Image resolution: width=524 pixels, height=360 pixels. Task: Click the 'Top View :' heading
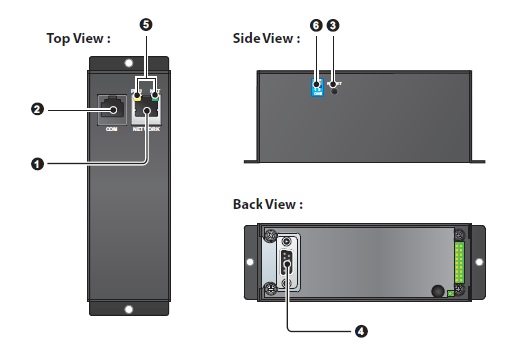(78, 39)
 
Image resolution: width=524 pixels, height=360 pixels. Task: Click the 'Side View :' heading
(265, 39)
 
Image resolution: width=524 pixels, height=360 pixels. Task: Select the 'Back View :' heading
(267, 204)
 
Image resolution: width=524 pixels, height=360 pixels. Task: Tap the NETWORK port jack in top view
(146, 108)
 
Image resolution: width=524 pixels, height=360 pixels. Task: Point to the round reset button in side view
(333, 89)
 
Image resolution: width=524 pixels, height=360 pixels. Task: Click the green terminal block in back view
(459, 264)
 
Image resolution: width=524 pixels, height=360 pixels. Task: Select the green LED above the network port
(156, 96)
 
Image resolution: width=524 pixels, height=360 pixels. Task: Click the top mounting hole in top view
(127, 62)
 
